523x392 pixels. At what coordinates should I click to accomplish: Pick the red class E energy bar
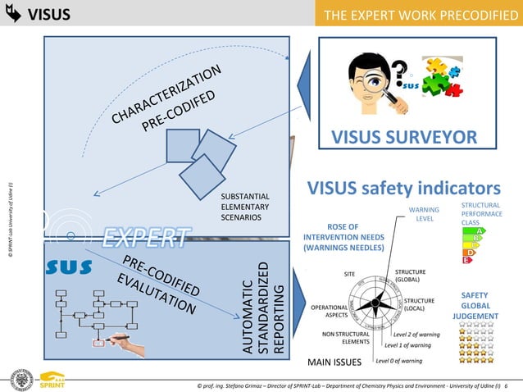coord(467,260)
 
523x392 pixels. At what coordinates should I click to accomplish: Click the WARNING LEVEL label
coord(424,214)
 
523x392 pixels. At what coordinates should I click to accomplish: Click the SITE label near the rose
coord(348,274)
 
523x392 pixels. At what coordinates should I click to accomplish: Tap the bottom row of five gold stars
coord(476,358)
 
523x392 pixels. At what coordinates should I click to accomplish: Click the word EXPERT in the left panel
coord(144,239)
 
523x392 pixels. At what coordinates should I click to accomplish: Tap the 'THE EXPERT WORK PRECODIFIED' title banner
coord(416,14)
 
